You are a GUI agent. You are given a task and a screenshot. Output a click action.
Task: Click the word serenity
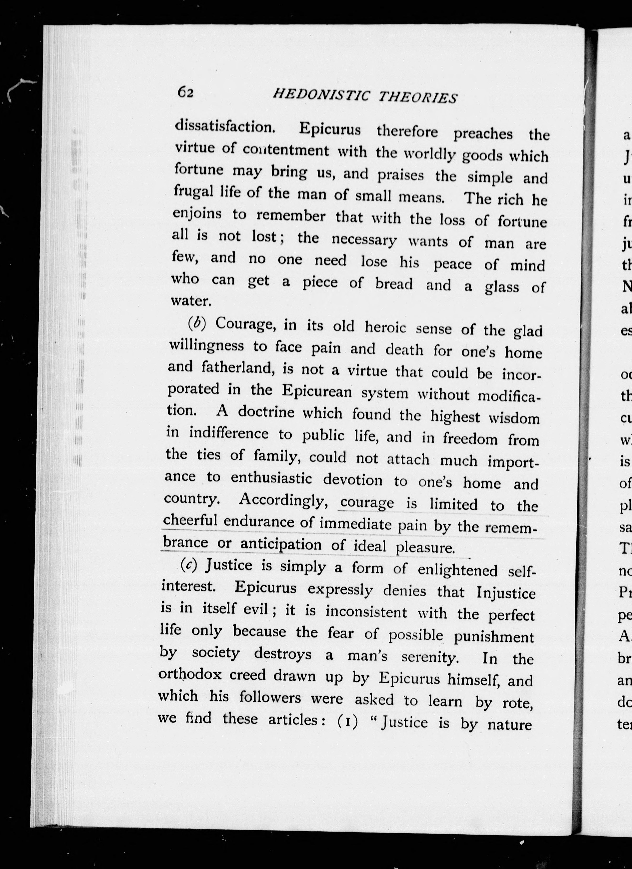point(429,657)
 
